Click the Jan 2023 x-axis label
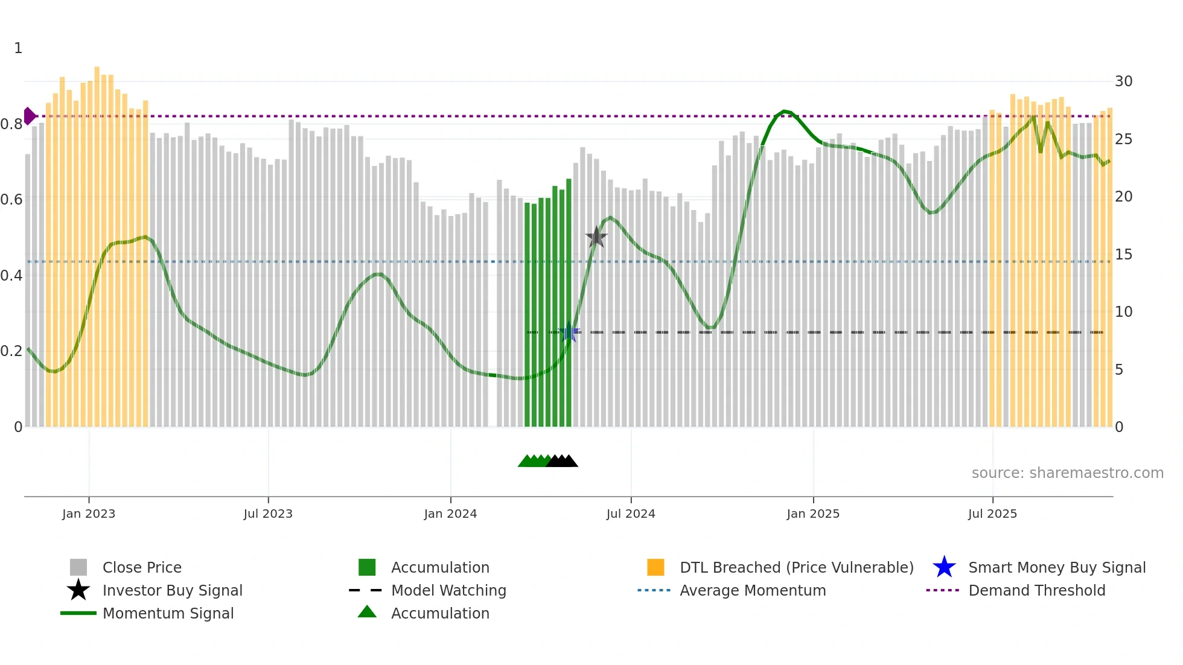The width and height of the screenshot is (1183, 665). click(89, 514)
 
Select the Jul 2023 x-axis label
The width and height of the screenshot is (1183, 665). click(268, 514)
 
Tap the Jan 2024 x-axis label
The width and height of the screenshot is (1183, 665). click(450, 514)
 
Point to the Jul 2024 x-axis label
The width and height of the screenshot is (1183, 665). click(631, 514)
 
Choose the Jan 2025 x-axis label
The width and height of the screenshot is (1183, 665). click(813, 514)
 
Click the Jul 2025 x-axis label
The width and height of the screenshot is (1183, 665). click(992, 514)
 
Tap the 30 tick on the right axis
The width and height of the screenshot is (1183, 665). click(1123, 81)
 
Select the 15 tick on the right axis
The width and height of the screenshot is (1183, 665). click(1123, 255)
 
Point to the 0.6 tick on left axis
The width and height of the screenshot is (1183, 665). click(11, 200)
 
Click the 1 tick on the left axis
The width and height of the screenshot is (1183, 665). click(18, 48)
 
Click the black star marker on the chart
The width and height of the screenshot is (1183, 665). click(596, 237)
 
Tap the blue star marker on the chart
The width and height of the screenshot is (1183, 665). click(569, 332)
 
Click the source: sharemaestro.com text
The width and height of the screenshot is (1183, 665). click(1067, 473)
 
